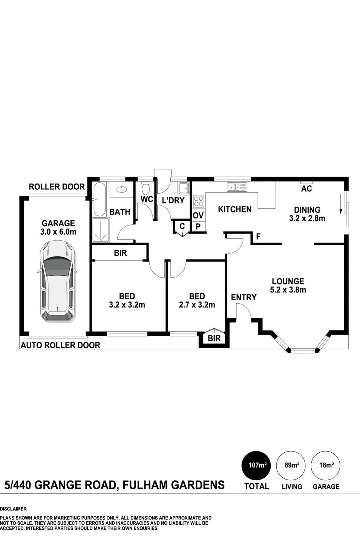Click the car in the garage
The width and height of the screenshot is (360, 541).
coord(57,281)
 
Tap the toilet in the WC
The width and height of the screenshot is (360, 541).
coord(146,188)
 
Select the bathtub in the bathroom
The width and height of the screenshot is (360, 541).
coord(100,199)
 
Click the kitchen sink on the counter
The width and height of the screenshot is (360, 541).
coord(237,187)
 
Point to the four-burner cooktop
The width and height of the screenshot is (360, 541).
coord(199,201)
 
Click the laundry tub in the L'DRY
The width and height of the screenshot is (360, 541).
coord(184,188)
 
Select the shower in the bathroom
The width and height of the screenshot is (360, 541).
coord(101,229)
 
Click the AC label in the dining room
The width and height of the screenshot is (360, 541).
coord(306,189)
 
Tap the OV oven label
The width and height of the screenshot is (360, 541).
coord(198,215)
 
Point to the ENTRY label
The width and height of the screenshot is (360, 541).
coord(244,297)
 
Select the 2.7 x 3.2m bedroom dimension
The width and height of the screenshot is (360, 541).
coord(197,305)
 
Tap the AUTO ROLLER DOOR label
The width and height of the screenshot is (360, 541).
coord(60,345)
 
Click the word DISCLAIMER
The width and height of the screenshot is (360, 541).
coord(13,509)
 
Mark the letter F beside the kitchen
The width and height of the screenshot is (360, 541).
coord(258,237)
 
